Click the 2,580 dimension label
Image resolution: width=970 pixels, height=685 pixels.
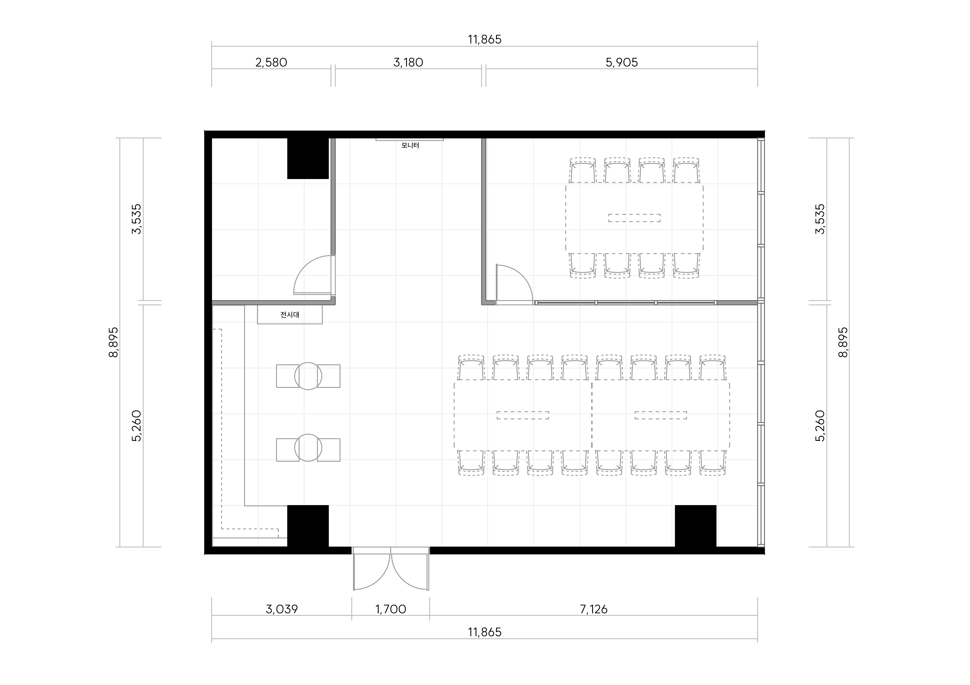pyautogui.click(x=271, y=62)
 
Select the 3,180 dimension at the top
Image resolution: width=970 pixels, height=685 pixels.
pyautogui.click(x=408, y=62)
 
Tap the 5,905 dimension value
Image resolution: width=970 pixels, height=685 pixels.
pyautogui.click(x=622, y=62)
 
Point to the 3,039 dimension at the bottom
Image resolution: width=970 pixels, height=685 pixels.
pyautogui.click(x=282, y=609)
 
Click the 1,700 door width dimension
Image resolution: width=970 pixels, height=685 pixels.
pyautogui.click(x=390, y=609)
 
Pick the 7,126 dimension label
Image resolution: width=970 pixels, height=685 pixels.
pyautogui.click(x=594, y=609)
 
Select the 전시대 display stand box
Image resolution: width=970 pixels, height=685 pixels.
pyautogui.click(x=290, y=315)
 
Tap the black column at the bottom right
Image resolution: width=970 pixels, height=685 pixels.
pyautogui.click(x=695, y=526)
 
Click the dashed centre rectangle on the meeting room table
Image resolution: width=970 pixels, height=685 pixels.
pyautogui.click(x=634, y=218)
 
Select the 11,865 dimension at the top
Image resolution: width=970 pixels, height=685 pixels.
pyautogui.click(x=485, y=39)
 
